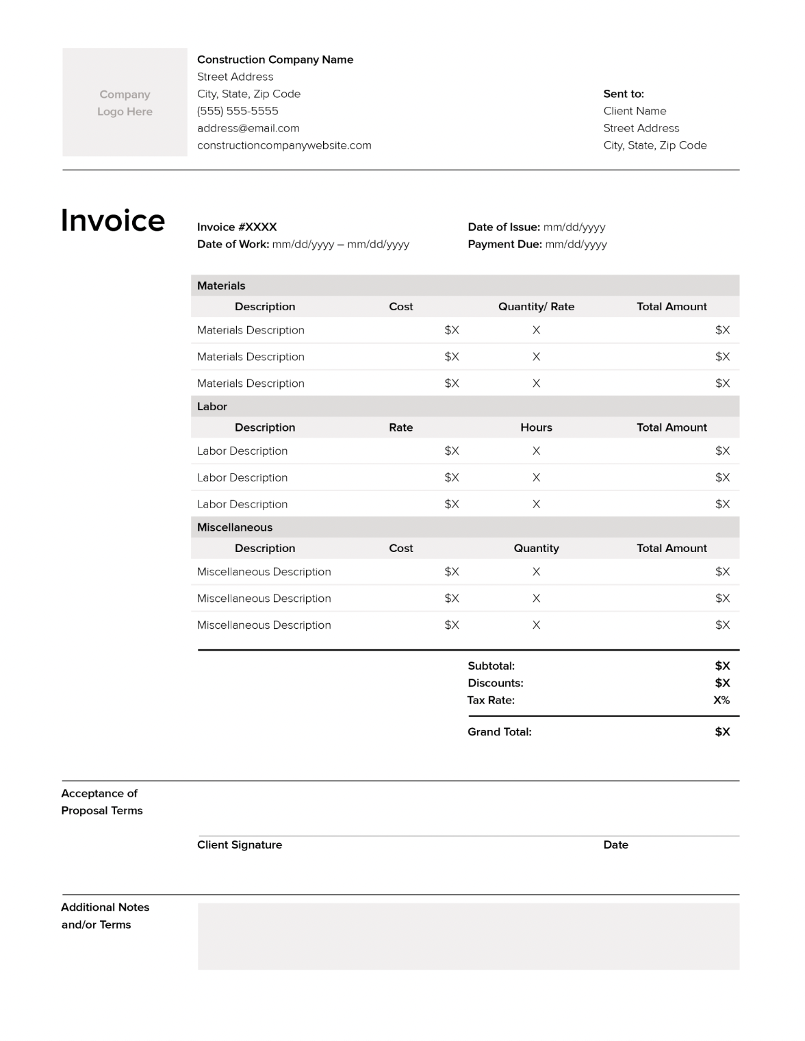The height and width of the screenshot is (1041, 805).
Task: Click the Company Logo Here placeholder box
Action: (x=125, y=102)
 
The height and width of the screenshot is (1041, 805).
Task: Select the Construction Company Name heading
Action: (x=275, y=60)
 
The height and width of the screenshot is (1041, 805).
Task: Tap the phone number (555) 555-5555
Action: (x=238, y=111)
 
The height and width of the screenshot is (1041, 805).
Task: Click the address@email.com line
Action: (x=248, y=128)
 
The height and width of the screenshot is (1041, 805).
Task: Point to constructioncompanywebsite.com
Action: (x=284, y=145)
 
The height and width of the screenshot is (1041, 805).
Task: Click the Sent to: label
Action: (x=624, y=94)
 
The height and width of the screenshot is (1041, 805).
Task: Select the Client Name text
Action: (x=635, y=111)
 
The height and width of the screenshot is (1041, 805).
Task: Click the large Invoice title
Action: (x=113, y=221)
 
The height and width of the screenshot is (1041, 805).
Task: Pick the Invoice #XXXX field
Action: (x=237, y=227)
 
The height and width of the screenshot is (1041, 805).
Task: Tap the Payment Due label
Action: (x=504, y=244)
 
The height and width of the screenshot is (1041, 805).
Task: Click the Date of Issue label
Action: (x=504, y=227)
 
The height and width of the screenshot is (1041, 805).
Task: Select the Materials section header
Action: (x=221, y=286)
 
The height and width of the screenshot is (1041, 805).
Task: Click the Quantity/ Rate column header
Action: (x=536, y=306)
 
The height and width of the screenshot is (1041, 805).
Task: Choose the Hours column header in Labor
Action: (x=536, y=427)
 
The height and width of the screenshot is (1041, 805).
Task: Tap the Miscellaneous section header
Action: (x=235, y=527)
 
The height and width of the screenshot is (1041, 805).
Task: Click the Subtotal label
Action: (x=491, y=666)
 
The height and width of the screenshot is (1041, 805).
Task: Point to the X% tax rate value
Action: (x=721, y=700)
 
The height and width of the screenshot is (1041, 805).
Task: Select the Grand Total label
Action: (x=499, y=731)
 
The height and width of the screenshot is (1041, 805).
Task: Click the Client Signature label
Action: (x=240, y=844)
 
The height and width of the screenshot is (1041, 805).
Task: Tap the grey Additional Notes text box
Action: (x=468, y=936)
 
